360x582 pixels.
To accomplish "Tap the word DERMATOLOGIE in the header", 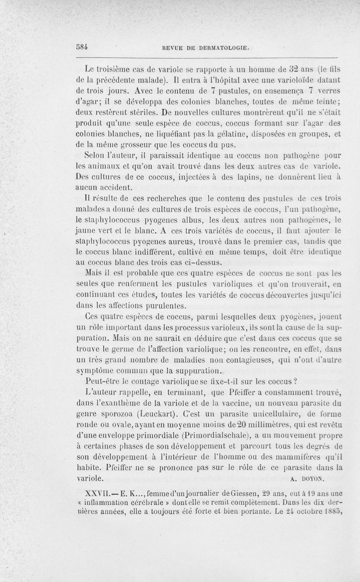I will (x=222, y=47).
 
